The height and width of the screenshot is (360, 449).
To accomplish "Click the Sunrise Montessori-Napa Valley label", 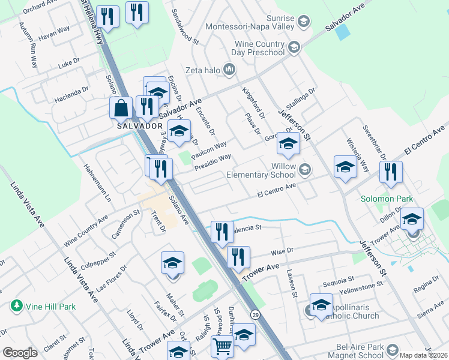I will [250, 22].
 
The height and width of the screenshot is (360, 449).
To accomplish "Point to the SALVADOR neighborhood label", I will [140, 127].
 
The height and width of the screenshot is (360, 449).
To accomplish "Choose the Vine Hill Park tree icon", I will [17, 306].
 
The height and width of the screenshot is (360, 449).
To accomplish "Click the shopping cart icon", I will [222, 347].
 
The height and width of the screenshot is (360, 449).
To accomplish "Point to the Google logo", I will [20, 352].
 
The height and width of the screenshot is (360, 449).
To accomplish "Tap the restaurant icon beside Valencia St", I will [222, 231].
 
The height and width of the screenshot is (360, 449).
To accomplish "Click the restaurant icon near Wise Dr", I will [238, 257].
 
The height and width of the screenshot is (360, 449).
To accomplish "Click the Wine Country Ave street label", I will [86, 225].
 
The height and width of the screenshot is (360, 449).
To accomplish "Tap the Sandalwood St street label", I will [185, 26].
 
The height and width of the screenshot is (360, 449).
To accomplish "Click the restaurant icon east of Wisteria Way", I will [391, 172].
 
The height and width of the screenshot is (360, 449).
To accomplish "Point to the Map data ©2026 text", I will [424, 355].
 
